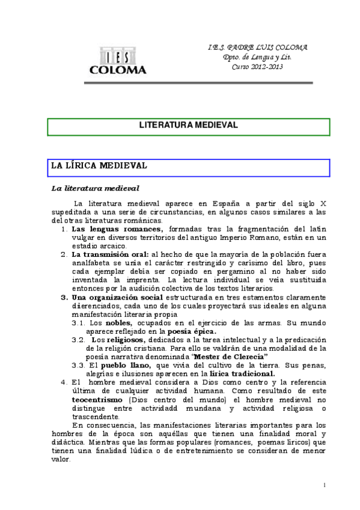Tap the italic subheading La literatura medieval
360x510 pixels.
click(x=96, y=189)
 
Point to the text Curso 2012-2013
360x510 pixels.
click(x=257, y=67)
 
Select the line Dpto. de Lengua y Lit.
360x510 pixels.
click(x=257, y=57)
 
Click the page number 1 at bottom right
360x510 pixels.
click(x=324, y=485)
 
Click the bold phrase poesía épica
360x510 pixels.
click(x=192, y=331)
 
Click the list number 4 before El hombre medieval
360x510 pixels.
click(x=64, y=382)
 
